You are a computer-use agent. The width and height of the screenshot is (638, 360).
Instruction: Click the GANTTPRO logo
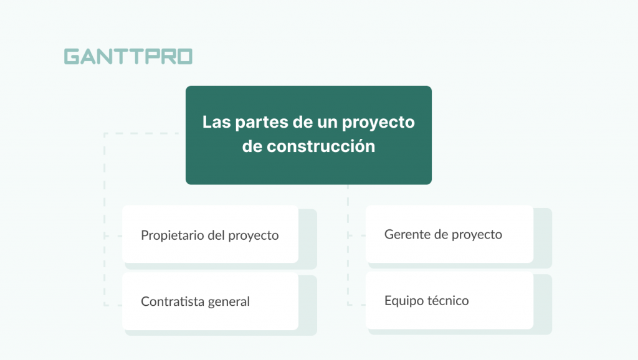tap(128, 57)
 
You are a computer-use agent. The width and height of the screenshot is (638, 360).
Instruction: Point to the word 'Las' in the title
tap(216, 122)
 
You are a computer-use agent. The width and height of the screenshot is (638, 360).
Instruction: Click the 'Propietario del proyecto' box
tap(210, 234)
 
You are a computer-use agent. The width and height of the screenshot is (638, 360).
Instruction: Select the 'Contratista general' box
tap(210, 301)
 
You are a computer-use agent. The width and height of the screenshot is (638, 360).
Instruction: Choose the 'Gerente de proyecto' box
tap(449, 234)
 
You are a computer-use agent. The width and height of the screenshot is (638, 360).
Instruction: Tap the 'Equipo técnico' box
tap(449, 300)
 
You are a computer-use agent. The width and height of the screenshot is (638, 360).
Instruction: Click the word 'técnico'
tap(448, 301)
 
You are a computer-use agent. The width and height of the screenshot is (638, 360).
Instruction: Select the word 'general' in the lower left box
tap(228, 302)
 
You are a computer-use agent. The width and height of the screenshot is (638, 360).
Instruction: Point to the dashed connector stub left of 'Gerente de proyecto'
tap(356, 236)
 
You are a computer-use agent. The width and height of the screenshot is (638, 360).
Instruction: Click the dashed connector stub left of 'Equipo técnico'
tap(356, 305)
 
